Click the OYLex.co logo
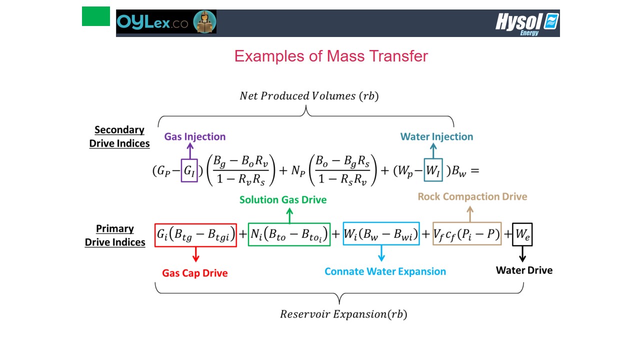tap(166, 22)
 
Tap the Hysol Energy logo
tap(527, 24)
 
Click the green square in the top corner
tap(96, 16)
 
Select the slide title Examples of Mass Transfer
tap(331, 56)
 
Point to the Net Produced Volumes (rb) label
tap(309, 96)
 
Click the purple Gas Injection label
tap(195, 136)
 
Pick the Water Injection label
tap(436, 136)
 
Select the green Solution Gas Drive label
tap(283, 199)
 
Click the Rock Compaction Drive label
tap(472, 196)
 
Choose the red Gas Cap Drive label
tap(195, 273)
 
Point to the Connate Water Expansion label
tap(385, 271)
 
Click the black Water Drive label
tap(524, 270)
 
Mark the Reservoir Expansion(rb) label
tap(343, 314)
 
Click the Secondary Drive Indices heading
tap(119, 136)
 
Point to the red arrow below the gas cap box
tap(195, 254)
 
